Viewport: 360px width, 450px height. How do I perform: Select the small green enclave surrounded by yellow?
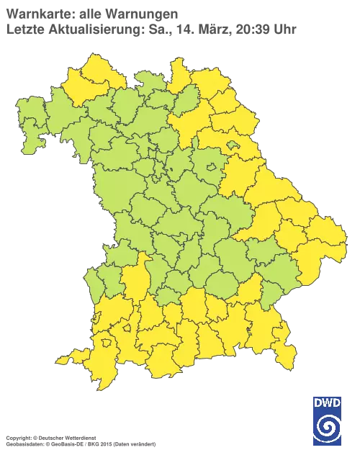233,146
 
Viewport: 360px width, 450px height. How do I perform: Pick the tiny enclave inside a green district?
209,168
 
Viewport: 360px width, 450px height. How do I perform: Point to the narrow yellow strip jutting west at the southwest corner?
68,358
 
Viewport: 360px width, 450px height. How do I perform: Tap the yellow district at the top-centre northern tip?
178,72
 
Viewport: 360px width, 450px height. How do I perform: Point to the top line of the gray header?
90,12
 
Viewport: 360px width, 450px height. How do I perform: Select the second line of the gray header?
151,29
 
